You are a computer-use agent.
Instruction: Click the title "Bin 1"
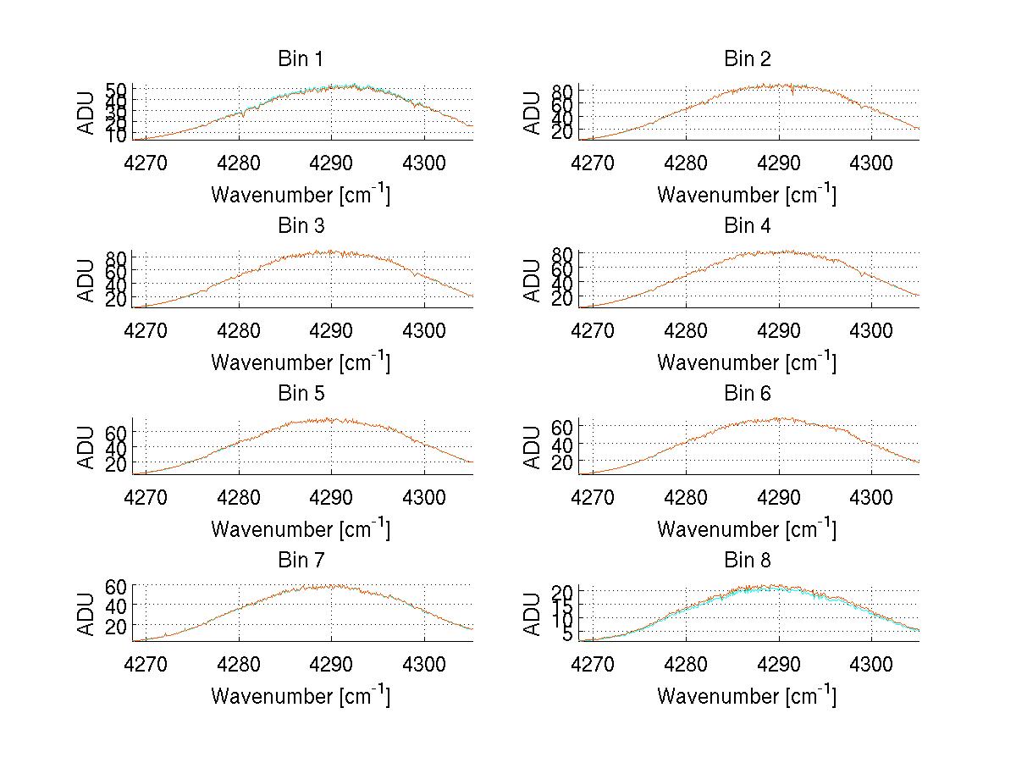point(301,59)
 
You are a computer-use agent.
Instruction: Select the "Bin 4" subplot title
point(747,226)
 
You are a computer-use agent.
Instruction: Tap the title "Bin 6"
point(747,393)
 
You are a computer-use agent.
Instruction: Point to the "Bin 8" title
point(747,561)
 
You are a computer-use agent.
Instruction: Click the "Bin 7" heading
point(301,561)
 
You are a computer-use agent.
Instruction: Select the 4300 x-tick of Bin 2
point(870,163)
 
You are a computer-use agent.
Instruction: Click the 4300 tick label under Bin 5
point(424,497)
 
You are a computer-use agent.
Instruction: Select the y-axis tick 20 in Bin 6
point(561,462)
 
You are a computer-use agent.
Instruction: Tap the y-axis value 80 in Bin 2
point(561,91)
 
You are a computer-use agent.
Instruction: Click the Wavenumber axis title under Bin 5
point(301,529)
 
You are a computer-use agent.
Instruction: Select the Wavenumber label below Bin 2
point(747,195)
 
